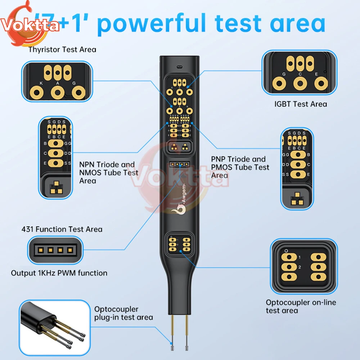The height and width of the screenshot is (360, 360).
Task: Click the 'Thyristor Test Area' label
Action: pyautogui.click(x=62, y=49)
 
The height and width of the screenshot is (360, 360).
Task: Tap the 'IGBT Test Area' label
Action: pyautogui.click(x=301, y=104)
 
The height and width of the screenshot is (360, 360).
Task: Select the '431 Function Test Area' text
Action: pyautogui.click(x=62, y=229)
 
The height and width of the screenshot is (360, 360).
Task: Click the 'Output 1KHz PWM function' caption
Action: pyautogui.click(x=59, y=273)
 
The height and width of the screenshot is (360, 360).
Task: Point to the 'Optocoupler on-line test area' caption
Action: pyautogui.click(x=301, y=306)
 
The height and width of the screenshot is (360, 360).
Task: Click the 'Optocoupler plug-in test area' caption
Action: pyautogui.click(x=123, y=313)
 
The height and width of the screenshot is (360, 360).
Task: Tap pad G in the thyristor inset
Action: pyautogui.click(x=76, y=93)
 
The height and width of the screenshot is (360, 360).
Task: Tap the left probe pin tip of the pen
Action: pyautogui.click(x=172, y=348)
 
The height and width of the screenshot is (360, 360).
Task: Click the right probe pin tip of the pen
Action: pyautogui.click(x=186, y=348)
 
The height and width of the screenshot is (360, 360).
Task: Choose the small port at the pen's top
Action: pyautogui.click(x=179, y=67)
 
